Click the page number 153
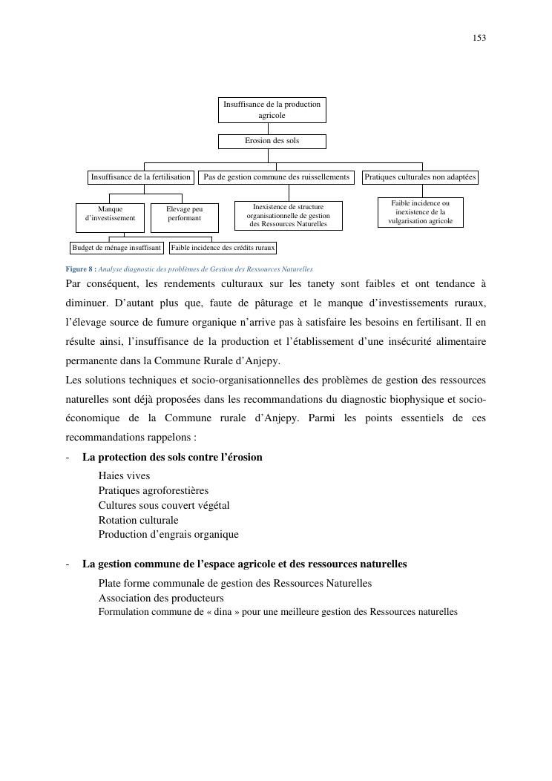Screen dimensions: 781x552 tap(479, 38)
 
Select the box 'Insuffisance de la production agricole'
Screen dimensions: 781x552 tap(272, 110)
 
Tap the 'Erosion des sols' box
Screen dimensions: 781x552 tap(272, 140)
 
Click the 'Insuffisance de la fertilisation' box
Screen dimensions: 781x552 tap(141, 177)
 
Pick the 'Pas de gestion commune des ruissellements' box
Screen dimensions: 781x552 tap(276, 177)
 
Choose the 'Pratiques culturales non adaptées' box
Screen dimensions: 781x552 tap(420, 177)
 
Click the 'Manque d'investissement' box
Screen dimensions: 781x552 tap(110, 214)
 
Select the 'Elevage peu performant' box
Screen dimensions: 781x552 tap(184, 214)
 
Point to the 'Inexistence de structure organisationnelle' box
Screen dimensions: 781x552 tap(288, 216)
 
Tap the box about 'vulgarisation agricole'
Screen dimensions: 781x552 tap(420, 212)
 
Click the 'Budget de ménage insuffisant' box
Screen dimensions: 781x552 tap(116, 248)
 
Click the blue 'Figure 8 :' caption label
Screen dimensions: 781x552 tap(81, 269)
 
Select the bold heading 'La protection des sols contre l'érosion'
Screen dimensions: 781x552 tap(172, 457)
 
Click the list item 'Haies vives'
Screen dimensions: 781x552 tap(124, 476)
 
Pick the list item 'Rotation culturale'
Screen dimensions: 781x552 tap(138, 520)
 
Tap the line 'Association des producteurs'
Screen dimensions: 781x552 tap(161, 598)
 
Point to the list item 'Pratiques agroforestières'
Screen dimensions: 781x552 tap(154, 491)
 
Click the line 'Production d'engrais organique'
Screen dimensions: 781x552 tap(168, 534)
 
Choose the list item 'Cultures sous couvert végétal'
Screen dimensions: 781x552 tap(164, 505)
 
